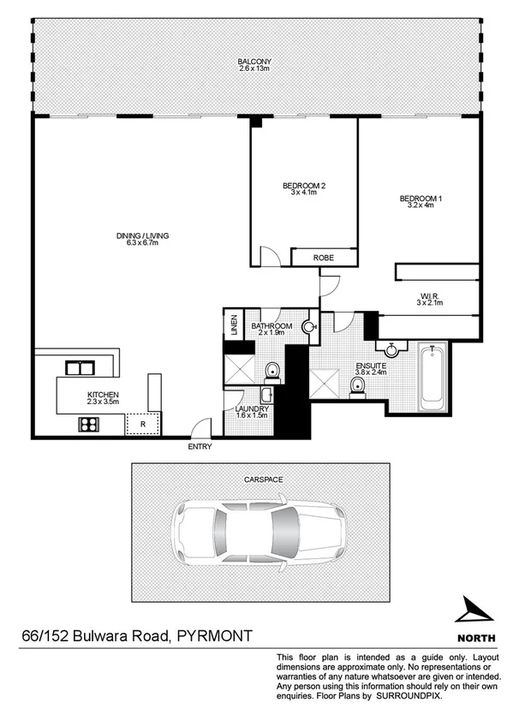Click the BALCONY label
(x=256, y=61)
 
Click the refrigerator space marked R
(x=143, y=423)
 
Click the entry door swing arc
(x=200, y=427)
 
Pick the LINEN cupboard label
(x=233, y=326)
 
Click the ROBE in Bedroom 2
(x=323, y=258)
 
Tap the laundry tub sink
(x=266, y=395)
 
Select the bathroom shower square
(x=238, y=370)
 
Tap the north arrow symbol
(x=472, y=610)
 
